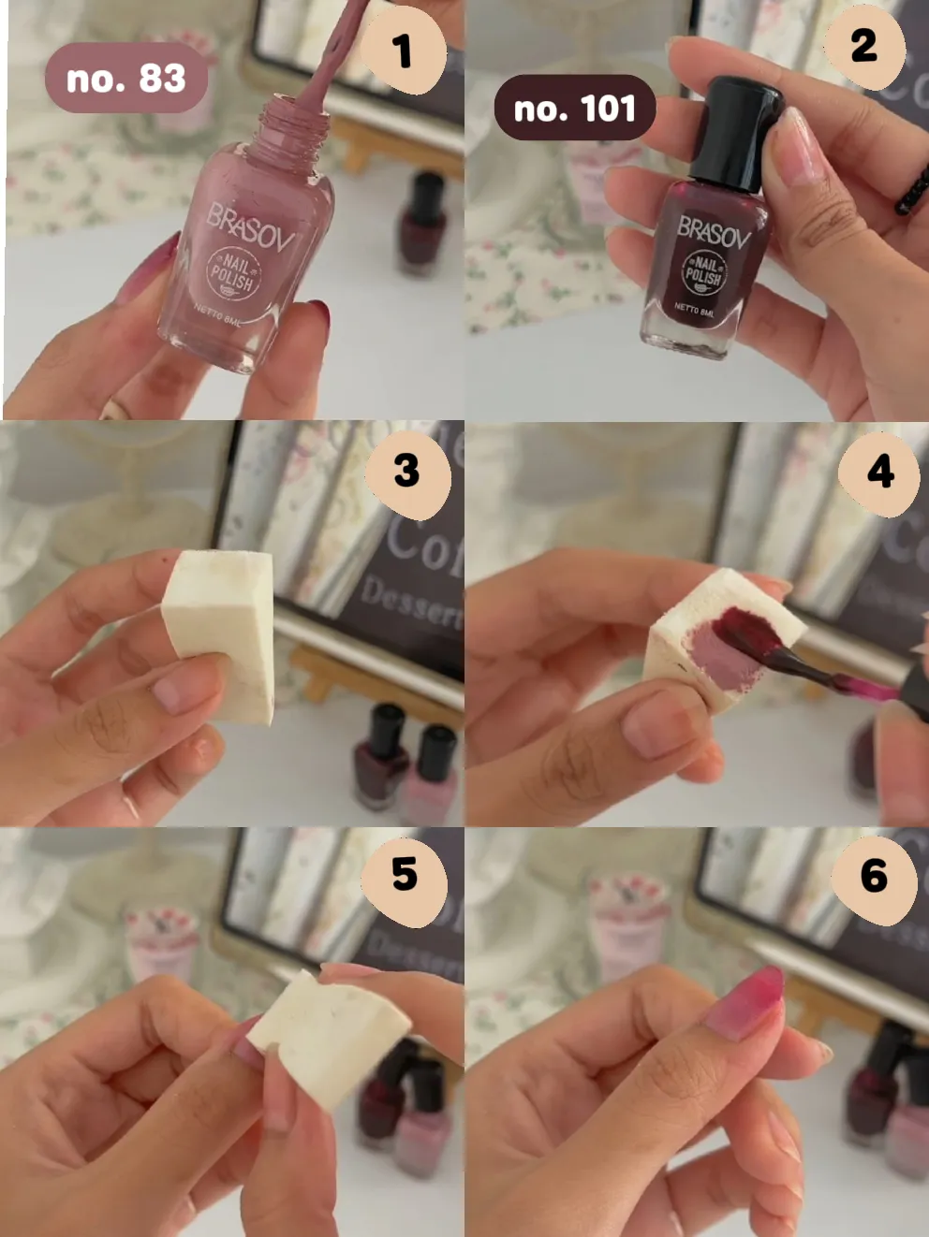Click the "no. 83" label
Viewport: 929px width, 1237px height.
[x=125, y=79]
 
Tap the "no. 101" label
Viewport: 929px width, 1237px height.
[x=574, y=109]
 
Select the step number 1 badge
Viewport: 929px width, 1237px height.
[x=402, y=51]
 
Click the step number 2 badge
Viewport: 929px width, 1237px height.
[x=863, y=46]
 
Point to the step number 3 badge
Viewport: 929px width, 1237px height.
[x=406, y=471]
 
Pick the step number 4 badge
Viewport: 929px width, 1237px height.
[x=879, y=472]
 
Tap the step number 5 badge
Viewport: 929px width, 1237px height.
[x=405, y=875]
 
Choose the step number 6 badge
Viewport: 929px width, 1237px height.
[x=874, y=876]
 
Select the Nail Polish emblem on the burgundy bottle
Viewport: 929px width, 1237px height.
[x=702, y=272]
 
